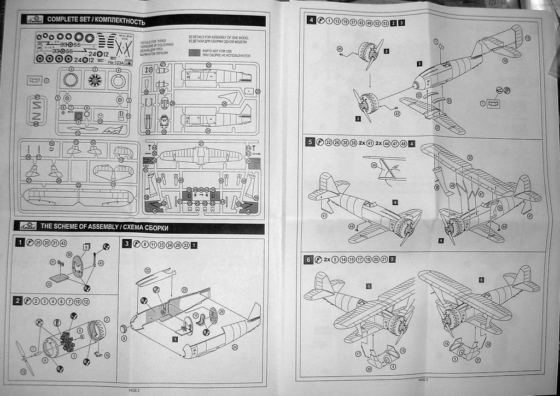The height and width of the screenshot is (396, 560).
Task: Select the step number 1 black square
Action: [x=20, y=243]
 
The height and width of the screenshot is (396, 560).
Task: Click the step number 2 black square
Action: [x=19, y=301]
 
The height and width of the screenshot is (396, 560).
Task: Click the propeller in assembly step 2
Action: [x=25, y=357]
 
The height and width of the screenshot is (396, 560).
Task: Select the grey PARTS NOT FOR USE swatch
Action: [x=196, y=53]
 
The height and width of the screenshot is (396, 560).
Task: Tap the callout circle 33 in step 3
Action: [x=147, y=270]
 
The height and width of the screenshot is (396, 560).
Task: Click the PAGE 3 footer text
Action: [x=423, y=379]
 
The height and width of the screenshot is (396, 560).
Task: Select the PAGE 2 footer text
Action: [x=135, y=390]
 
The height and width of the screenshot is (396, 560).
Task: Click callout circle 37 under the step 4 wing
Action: [x=437, y=128]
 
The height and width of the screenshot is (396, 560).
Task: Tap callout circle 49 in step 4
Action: [x=340, y=49]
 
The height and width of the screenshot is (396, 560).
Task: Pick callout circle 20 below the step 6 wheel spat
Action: [x=369, y=369]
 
